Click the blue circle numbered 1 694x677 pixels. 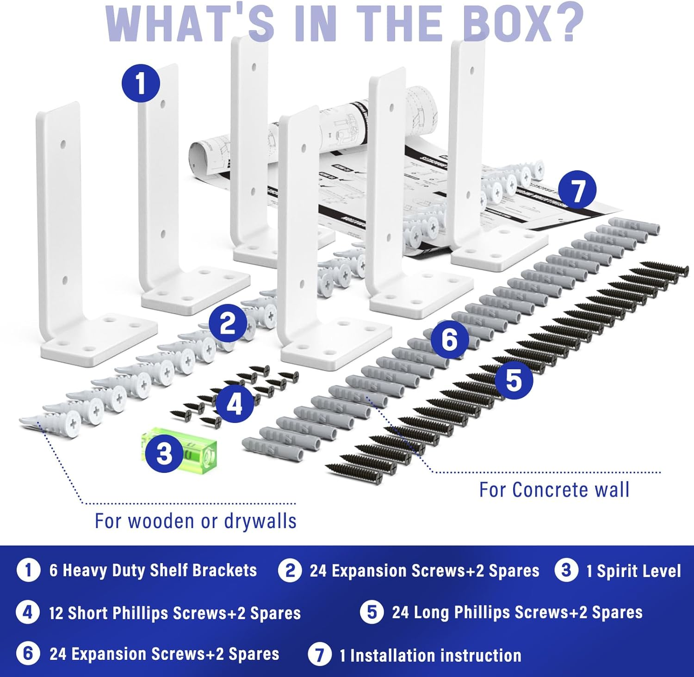141,84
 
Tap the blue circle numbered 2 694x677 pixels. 227,323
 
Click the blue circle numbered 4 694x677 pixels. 234,404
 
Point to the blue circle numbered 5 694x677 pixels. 514,380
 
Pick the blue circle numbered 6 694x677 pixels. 449,340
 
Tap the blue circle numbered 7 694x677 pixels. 577,190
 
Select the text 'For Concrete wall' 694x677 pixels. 554,490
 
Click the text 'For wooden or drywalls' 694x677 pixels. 195,521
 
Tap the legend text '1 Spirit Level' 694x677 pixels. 633,571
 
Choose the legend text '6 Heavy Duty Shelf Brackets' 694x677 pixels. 153,570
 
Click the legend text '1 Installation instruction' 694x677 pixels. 430,655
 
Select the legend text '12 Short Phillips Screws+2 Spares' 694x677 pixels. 175,613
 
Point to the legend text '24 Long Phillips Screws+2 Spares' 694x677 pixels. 517,612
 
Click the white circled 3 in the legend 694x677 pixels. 566,570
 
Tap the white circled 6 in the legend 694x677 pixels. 28,653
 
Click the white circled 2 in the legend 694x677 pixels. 290,570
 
